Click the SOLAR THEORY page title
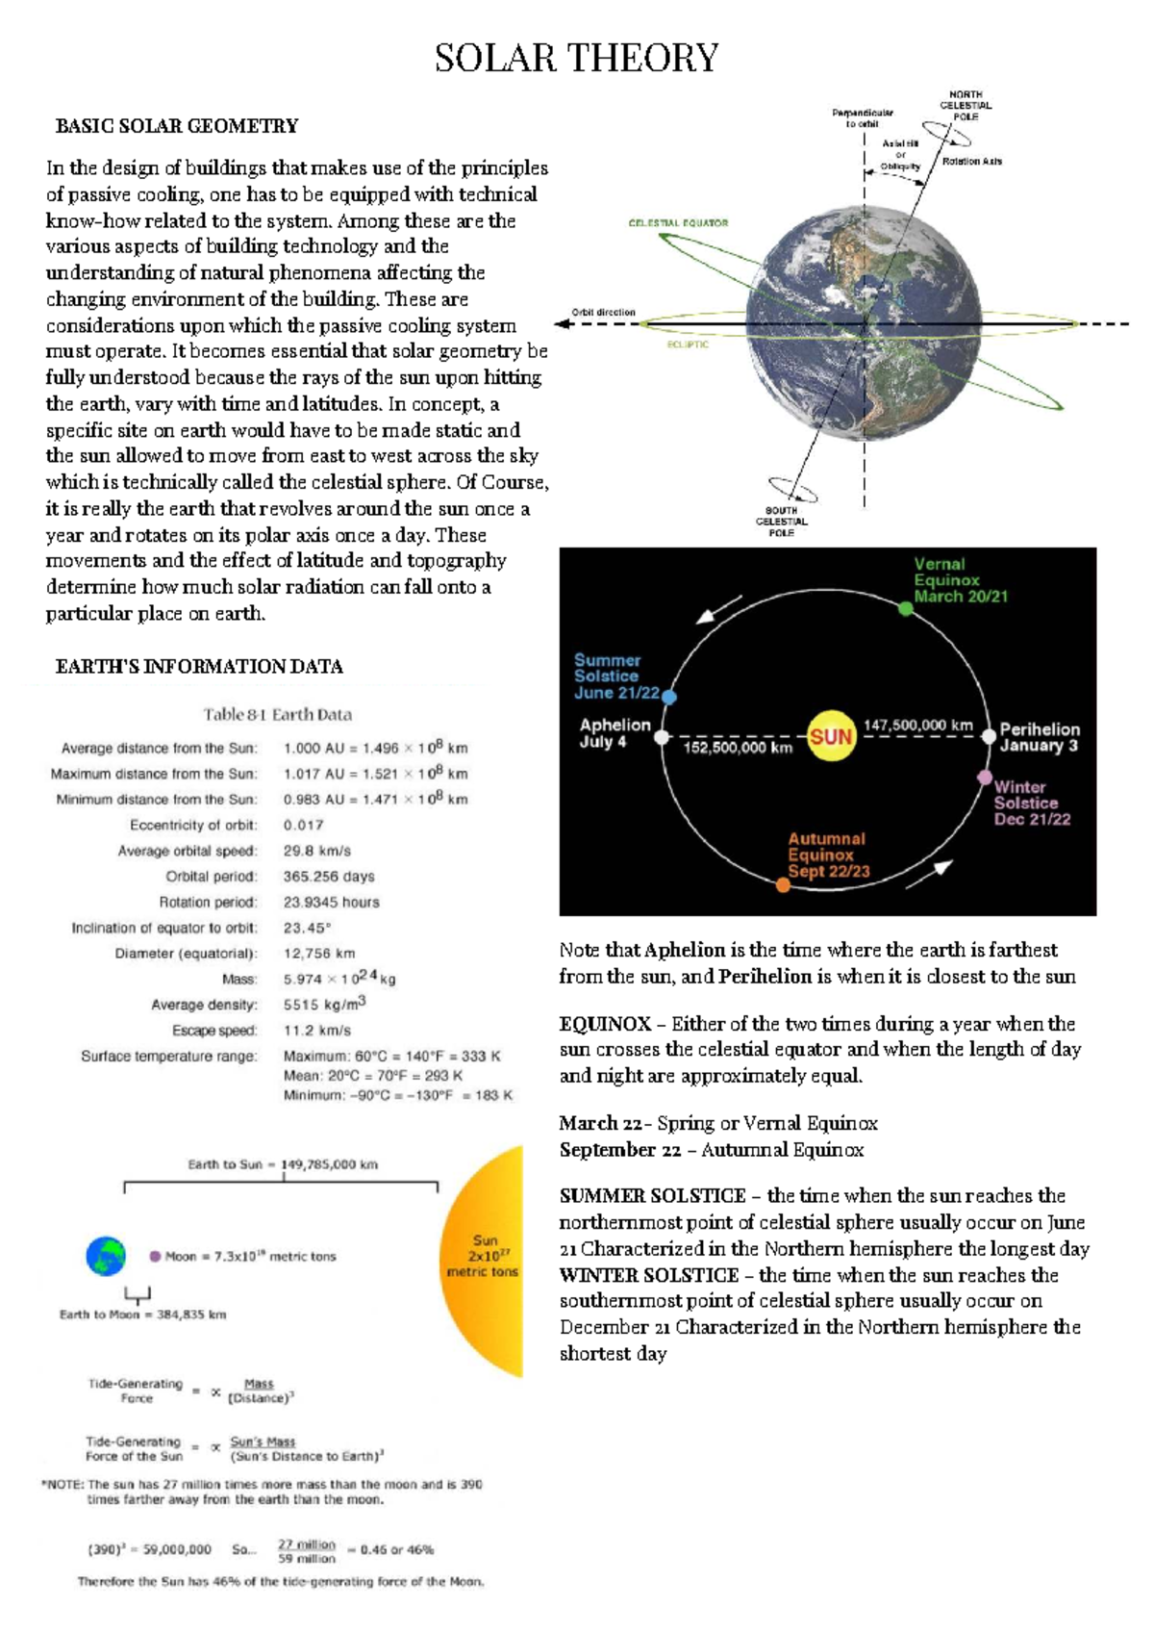tap(576, 59)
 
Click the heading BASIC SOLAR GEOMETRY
tap(177, 126)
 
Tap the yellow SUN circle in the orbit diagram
tap(830, 737)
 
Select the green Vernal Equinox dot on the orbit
tap(905, 608)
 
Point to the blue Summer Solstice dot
tap(669, 697)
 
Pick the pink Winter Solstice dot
tap(984, 777)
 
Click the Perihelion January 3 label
tap(1039, 737)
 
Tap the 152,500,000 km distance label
tap(738, 748)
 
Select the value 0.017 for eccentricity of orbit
tap(303, 826)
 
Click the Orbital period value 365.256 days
tap(329, 877)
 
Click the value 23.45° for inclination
tap(307, 929)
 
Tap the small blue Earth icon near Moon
tap(106, 1256)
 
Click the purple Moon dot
tap(155, 1256)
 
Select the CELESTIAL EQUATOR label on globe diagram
tap(678, 223)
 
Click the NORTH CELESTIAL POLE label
tap(965, 106)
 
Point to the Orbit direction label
tap(603, 313)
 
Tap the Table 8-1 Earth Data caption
tap(277, 715)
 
